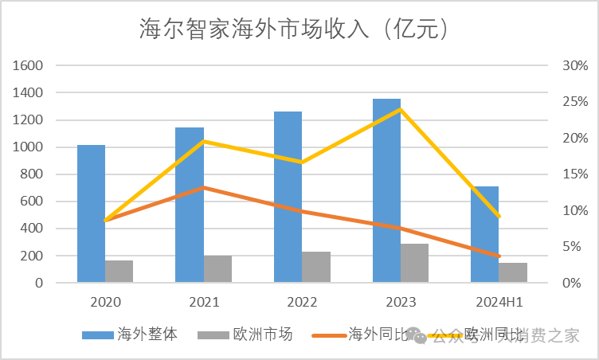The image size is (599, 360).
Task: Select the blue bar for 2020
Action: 92,213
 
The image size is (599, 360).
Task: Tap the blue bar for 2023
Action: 386,190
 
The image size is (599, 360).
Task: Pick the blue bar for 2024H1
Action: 485,234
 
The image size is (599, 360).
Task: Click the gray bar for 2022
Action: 316,267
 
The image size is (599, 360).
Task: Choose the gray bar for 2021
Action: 217,268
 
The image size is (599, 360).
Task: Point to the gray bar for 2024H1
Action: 513,272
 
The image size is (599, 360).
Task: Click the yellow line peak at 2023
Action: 401,109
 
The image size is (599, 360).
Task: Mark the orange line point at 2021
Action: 204,187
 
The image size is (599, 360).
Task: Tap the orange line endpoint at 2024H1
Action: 499,256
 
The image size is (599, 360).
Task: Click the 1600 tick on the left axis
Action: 28,65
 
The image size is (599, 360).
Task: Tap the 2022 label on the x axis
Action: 302,303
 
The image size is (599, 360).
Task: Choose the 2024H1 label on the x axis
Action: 499,303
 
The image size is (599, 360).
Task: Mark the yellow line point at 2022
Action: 302,162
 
